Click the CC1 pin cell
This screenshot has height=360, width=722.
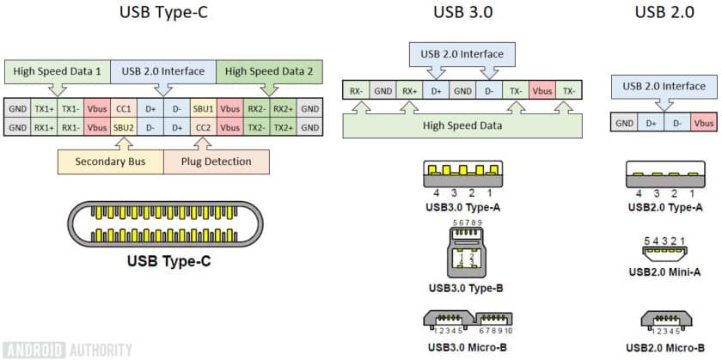pyautogui.click(x=124, y=109)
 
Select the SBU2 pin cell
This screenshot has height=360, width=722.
pyautogui.click(x=124, y=127)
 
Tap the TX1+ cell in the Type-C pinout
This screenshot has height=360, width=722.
pyautogui.click(x=44, y=109)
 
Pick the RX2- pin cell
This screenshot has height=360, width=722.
pyautogui.click(x=256, y=109)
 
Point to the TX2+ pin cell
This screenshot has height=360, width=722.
pyautogui.click(x=283, y=127)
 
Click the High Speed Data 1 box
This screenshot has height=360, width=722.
pyautogui.click(x=57, y=71)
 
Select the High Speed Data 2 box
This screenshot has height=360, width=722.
pyautogui.click(x=270, y=71)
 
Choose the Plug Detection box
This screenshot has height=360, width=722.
pyautogui.click(x=215, y=161)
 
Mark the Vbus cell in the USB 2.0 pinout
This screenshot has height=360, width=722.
pyautogui.click(x=703, y=123)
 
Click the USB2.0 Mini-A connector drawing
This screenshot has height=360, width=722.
pyautogui.click(x=664, y=255)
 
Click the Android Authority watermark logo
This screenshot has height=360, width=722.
pyautogui.click(x=67, y=349)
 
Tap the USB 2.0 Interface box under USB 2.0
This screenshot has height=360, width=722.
pyautogui.click(x=664, y=86)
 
